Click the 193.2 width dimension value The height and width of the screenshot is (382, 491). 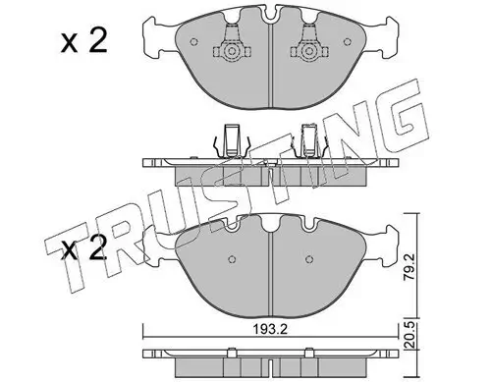(x=270, y=329)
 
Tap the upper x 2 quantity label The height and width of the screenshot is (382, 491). (x=84, y=41)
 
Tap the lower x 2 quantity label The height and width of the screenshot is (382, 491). (x=84, y=248)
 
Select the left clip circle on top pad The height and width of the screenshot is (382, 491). (x=232, y=52)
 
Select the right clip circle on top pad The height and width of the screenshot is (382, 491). (x=308, y=52)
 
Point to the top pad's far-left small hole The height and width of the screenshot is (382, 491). (x=193, y=42)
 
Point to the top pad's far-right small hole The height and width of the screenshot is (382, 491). (x=348, y=42)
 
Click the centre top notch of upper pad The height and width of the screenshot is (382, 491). (x=270, y=16)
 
